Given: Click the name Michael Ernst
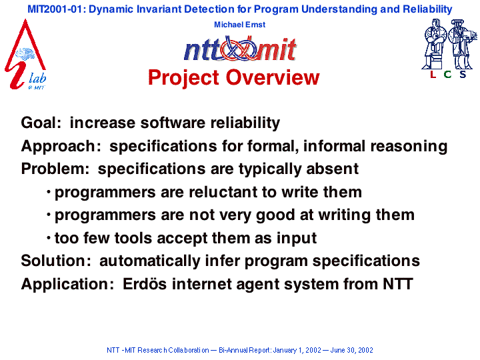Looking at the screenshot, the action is pos(240,25).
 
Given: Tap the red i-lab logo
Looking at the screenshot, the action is pos(26,55).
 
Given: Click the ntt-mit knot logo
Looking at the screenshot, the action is pos(240,49).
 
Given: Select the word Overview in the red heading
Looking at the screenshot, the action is pos(273,77).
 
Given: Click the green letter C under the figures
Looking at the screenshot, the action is pos(447,75).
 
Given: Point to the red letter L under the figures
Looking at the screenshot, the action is pos(433,75).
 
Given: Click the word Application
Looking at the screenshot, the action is pos(67,285).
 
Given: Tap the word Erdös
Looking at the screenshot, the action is pos(145,284).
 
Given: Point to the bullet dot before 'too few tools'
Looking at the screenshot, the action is pos(49,237).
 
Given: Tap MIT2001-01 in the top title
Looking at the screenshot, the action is pos(55,9).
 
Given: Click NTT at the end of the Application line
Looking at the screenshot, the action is pos(398,284).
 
